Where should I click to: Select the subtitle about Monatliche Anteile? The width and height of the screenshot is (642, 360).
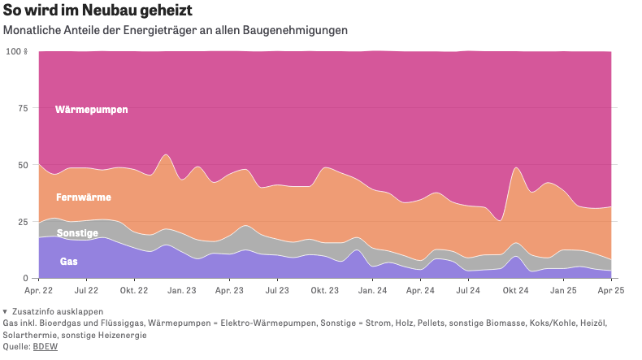coord(176,30)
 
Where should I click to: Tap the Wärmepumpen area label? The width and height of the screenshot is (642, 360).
coord(91,109)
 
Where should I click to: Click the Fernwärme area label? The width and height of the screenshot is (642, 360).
coord(84,197)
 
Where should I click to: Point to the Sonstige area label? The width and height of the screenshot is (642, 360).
coord(77,233)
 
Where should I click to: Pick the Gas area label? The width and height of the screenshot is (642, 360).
coord(69,262)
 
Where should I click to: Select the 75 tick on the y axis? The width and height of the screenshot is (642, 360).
coord(22,108)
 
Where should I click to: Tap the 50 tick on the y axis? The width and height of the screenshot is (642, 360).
coord(22,165)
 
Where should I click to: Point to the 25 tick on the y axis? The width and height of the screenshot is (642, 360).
coord(22,221)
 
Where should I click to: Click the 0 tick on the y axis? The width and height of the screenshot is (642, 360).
coord(24,278)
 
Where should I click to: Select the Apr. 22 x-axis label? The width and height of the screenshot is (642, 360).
coord(39,290)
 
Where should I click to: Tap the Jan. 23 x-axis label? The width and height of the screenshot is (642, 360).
coord(181,290)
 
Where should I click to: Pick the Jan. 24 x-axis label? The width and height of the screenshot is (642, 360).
coord(372,290)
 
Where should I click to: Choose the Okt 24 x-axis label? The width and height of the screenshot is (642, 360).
coord(515,290)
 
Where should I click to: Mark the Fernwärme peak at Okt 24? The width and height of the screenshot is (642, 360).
coord(517,168)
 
